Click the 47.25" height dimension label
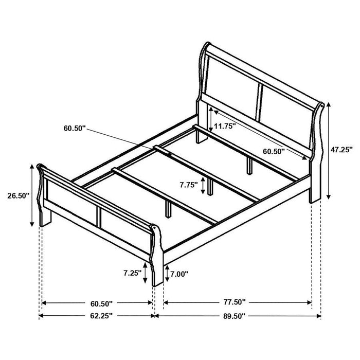[x=341, y=150]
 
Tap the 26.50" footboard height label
[x=17, y=196]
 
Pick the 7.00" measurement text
[x=178, y=274]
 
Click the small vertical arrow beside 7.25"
[x=147, y=273]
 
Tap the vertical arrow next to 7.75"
[x=204, y=184]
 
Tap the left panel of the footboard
[x=69, y=198]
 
